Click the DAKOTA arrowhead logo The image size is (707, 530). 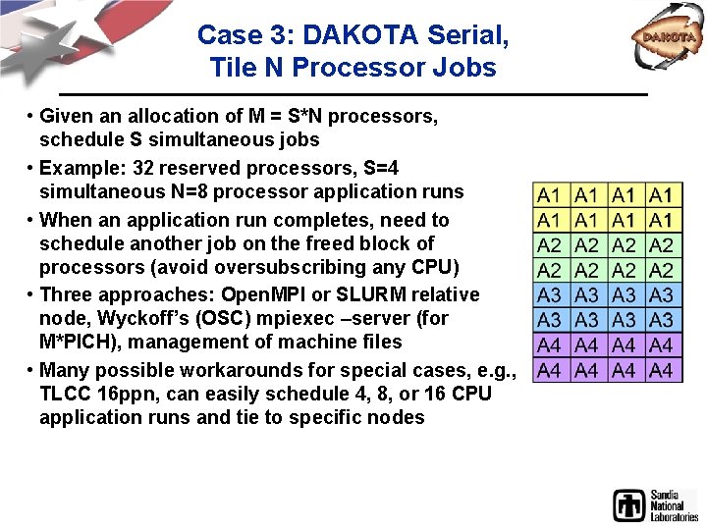click(671, 39)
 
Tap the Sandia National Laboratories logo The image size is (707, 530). click(655, 504)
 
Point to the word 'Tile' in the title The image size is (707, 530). click(232, 69)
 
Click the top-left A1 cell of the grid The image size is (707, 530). click(550, 195)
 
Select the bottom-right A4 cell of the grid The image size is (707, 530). click(662, 370)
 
